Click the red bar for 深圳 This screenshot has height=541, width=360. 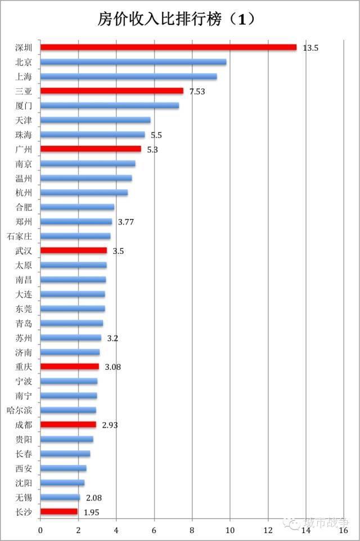(x=168, y=47)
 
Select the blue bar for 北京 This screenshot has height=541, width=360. (x=133, y=62)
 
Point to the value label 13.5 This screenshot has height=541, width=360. (x=310, y=48)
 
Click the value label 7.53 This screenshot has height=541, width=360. (x=197, y=91)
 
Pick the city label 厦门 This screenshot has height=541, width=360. (x=24, y=105)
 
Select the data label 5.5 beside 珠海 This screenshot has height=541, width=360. (x=156, y=135)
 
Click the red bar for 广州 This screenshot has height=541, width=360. (x=91, y=149)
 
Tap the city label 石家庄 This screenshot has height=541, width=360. (x=20, y=236)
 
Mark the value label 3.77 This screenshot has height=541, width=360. (x=126, y=222)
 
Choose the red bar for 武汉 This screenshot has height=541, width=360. (x=74, y=251)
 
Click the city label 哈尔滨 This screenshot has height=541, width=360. (x=20, y=410)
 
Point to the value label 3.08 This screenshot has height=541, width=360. (x=113, y=367)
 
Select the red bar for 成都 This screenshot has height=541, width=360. (x=68, y=424)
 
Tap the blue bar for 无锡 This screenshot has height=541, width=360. (x=60, y=497)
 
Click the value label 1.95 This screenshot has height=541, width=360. (x=92, y=512)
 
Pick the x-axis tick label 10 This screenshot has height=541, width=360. (x=230, y=530)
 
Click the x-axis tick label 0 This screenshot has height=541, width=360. (x=40, y=530)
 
